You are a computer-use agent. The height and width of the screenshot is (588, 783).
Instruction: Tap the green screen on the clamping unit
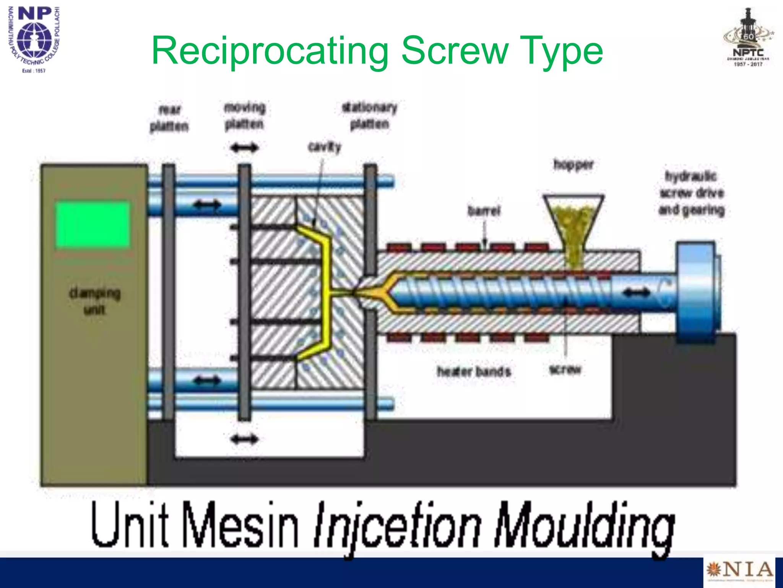(x=93, y=225)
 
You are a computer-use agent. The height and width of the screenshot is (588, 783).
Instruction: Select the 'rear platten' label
(x=169, y=118)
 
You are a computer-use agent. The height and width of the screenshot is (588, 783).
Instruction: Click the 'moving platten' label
(x=244, y=116)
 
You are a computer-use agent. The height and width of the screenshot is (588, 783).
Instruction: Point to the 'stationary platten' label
(x=369, y=115)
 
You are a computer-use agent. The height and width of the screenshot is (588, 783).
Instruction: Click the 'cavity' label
(x=324, y=147)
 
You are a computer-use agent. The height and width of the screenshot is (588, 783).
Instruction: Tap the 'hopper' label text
(x=573, y=165)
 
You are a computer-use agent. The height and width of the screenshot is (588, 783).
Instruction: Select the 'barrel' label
(x=484, y=211)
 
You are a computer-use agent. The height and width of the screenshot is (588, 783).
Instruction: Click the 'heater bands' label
(x=474, y=371)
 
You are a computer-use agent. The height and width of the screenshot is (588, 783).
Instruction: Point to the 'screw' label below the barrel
(x=565, y=369)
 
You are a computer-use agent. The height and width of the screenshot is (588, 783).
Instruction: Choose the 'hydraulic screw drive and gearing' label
(x=691, y=193)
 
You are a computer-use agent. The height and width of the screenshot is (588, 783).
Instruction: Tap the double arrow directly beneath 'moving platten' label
(x=245, y=148)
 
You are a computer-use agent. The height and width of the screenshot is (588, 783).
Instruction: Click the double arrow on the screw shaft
(x=636, y=293)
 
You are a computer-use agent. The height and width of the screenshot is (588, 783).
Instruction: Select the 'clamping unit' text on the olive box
(x=94, y=301)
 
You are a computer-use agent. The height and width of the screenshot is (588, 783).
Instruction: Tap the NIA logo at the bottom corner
(x=739, y=570)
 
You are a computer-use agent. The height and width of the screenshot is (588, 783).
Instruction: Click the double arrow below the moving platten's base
(x=245, y=439)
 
